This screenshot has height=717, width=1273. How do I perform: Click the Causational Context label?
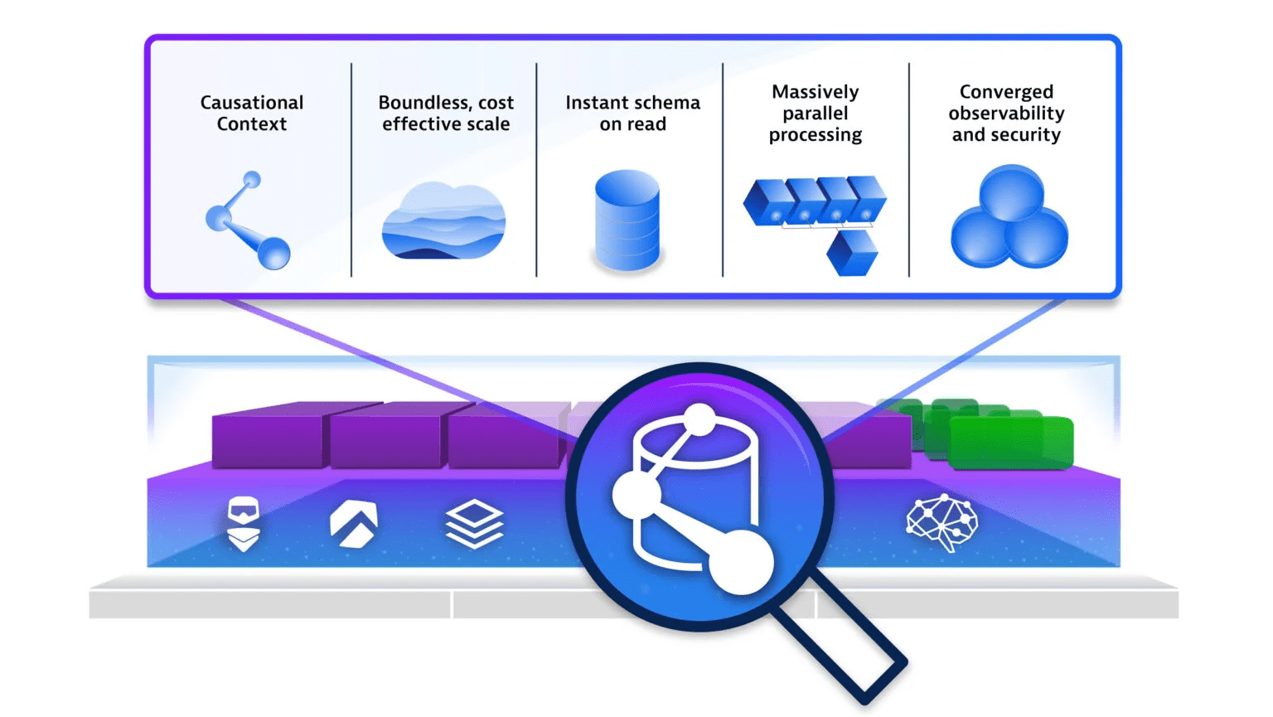coord(252,114)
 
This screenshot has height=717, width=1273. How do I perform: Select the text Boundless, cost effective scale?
coord(446,114)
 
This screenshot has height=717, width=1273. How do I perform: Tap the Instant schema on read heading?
coord(632,114)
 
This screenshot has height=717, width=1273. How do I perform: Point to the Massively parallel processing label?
coord(816,114)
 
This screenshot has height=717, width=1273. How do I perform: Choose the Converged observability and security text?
coord(1006,114)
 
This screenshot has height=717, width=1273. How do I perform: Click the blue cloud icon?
coord(443,221)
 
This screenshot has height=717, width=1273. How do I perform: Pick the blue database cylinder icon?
coord(627,220)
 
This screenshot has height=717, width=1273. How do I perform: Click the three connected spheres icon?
coord(1009,218)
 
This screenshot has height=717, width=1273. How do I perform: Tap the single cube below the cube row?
coord(852,253)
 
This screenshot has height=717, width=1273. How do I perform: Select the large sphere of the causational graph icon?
coord(273,253)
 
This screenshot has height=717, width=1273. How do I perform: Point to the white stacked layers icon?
coord(474,524)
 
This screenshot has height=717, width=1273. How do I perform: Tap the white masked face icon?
coord(244,523)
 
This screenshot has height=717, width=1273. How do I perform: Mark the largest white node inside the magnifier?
coord(740,562)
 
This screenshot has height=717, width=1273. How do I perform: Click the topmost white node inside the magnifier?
coord(700,419)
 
